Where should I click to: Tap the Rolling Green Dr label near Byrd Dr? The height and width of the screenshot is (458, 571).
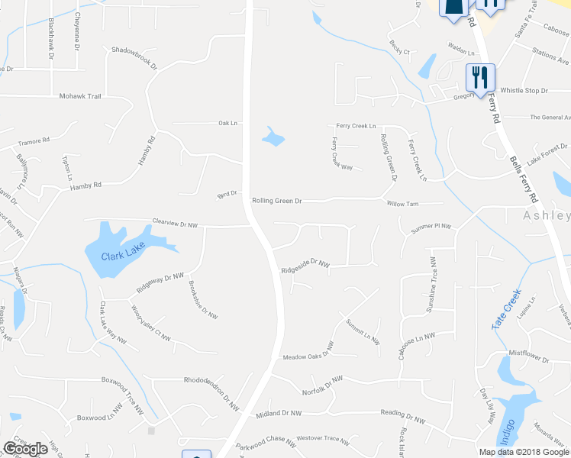coord(277,202)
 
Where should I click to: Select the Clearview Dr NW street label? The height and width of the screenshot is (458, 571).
coord(175,224)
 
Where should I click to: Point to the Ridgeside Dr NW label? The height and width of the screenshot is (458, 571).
coord(305,268)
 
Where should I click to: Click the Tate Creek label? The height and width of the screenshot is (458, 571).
coord(505,309)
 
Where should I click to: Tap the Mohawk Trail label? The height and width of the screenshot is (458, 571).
coord(80,97)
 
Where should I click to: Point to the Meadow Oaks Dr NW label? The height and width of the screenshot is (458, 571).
coord(308,356)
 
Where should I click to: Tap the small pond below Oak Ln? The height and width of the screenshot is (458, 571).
coord(273,137)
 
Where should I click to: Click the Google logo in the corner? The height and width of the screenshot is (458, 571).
coord(25,449)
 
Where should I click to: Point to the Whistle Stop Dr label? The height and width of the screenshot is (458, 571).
coord(524,91)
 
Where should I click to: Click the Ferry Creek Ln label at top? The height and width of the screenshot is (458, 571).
coord(356,126)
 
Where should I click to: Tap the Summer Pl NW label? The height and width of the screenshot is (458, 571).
coord(431,227)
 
